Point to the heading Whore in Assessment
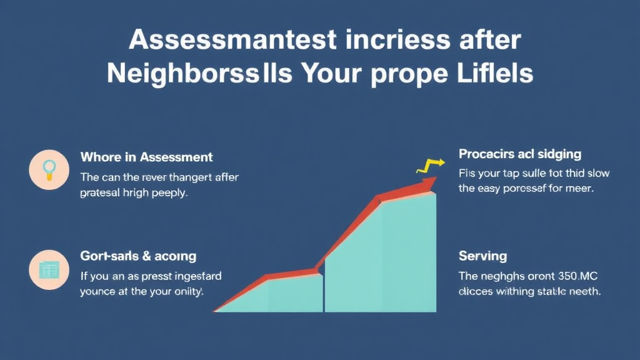coord(146,157)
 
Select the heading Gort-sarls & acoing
coord(137,256)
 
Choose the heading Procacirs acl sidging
coord(520,154)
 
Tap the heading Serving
coord(482,256)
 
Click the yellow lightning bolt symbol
coord(431,166)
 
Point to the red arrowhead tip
coord(433,182)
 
